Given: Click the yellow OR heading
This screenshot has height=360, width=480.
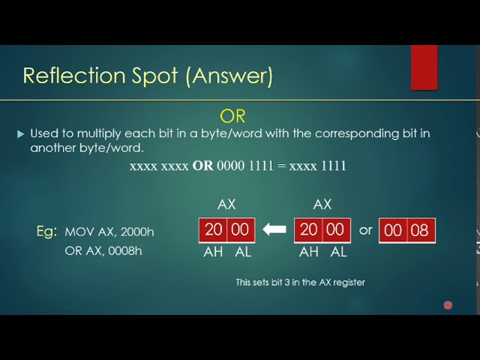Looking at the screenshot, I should [232, 116].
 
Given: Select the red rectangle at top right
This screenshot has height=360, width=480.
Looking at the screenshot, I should [424, 67].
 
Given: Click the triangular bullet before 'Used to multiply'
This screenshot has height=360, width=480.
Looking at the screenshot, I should [20, 134].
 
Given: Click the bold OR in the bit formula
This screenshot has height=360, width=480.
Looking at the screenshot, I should [202, 166].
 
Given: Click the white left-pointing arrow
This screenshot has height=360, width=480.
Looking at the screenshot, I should [274, 230].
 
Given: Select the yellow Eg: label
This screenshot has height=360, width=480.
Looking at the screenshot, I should [46, 231].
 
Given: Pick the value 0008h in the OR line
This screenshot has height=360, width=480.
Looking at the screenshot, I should [124, 250].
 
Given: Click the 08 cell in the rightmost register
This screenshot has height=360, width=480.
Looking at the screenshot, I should [420, 231].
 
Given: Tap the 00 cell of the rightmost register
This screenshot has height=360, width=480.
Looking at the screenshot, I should [393, 231].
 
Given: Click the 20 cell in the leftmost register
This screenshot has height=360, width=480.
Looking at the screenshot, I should [213, 230].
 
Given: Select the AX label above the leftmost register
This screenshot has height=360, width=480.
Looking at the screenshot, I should [226, 204].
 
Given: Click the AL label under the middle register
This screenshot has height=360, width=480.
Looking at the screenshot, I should [338, 252].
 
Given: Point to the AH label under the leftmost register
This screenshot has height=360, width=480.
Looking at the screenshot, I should [213, 252].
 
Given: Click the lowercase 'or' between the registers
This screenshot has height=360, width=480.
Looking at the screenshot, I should [365, 229].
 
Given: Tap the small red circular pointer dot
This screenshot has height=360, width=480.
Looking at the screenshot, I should [448, 305].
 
